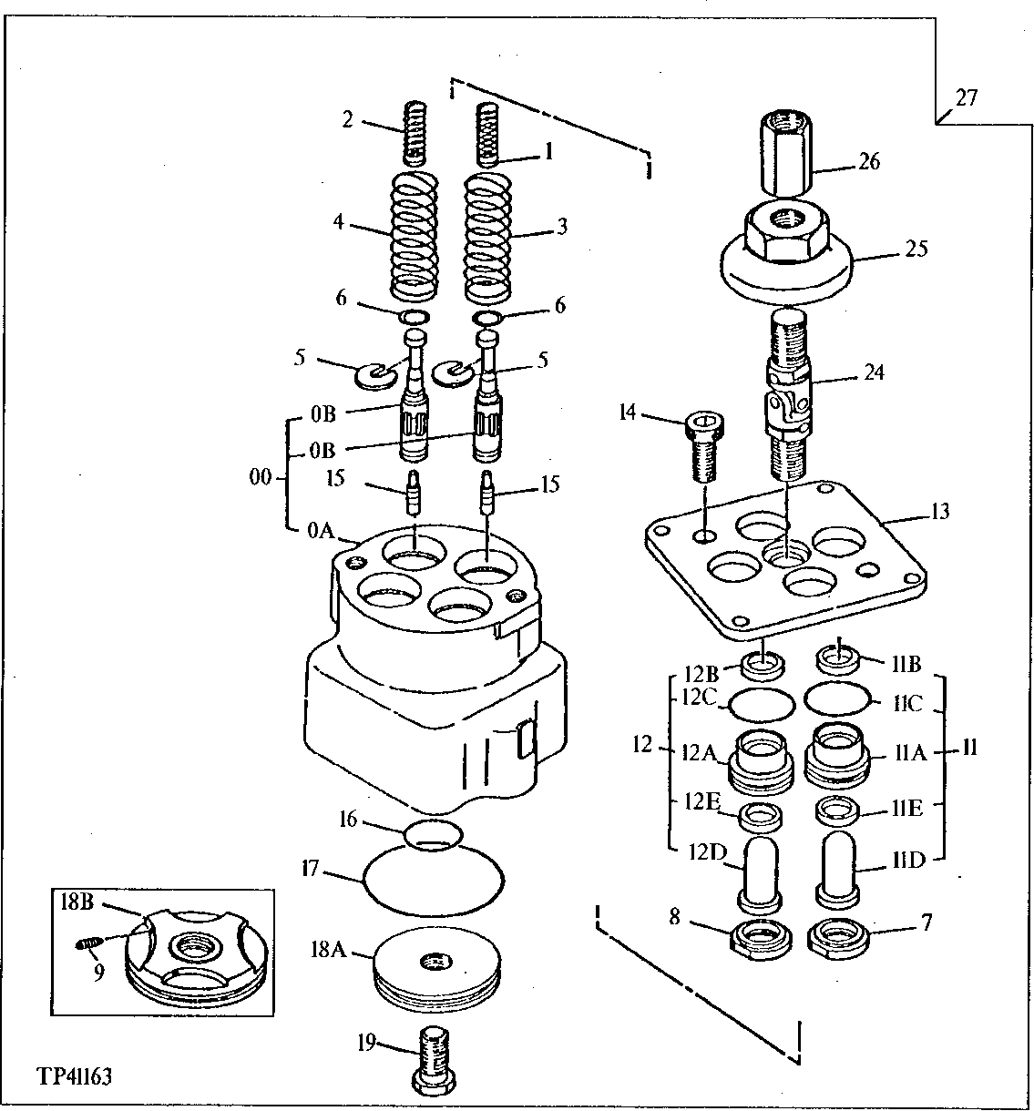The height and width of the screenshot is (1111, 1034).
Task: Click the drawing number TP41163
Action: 76,1077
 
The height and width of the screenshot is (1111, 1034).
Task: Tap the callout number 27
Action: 966,97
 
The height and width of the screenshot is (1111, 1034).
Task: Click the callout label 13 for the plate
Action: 938,512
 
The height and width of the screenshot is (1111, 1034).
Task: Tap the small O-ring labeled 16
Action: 433,833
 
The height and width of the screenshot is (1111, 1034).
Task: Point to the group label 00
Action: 261,477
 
